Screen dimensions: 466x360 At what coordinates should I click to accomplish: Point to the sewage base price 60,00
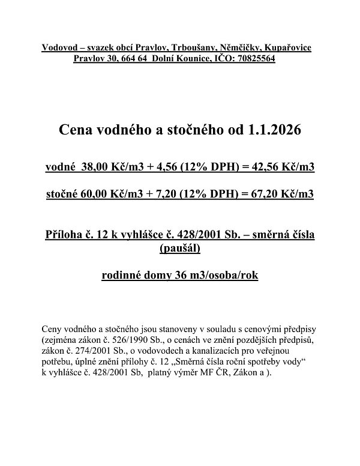pyautogui.click(x=98, y=195)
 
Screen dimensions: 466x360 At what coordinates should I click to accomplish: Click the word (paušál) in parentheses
pyautogui.click(x=180, y=247)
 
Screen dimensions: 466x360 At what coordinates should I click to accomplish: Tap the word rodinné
pyautogui.click(x=122, y=276)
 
